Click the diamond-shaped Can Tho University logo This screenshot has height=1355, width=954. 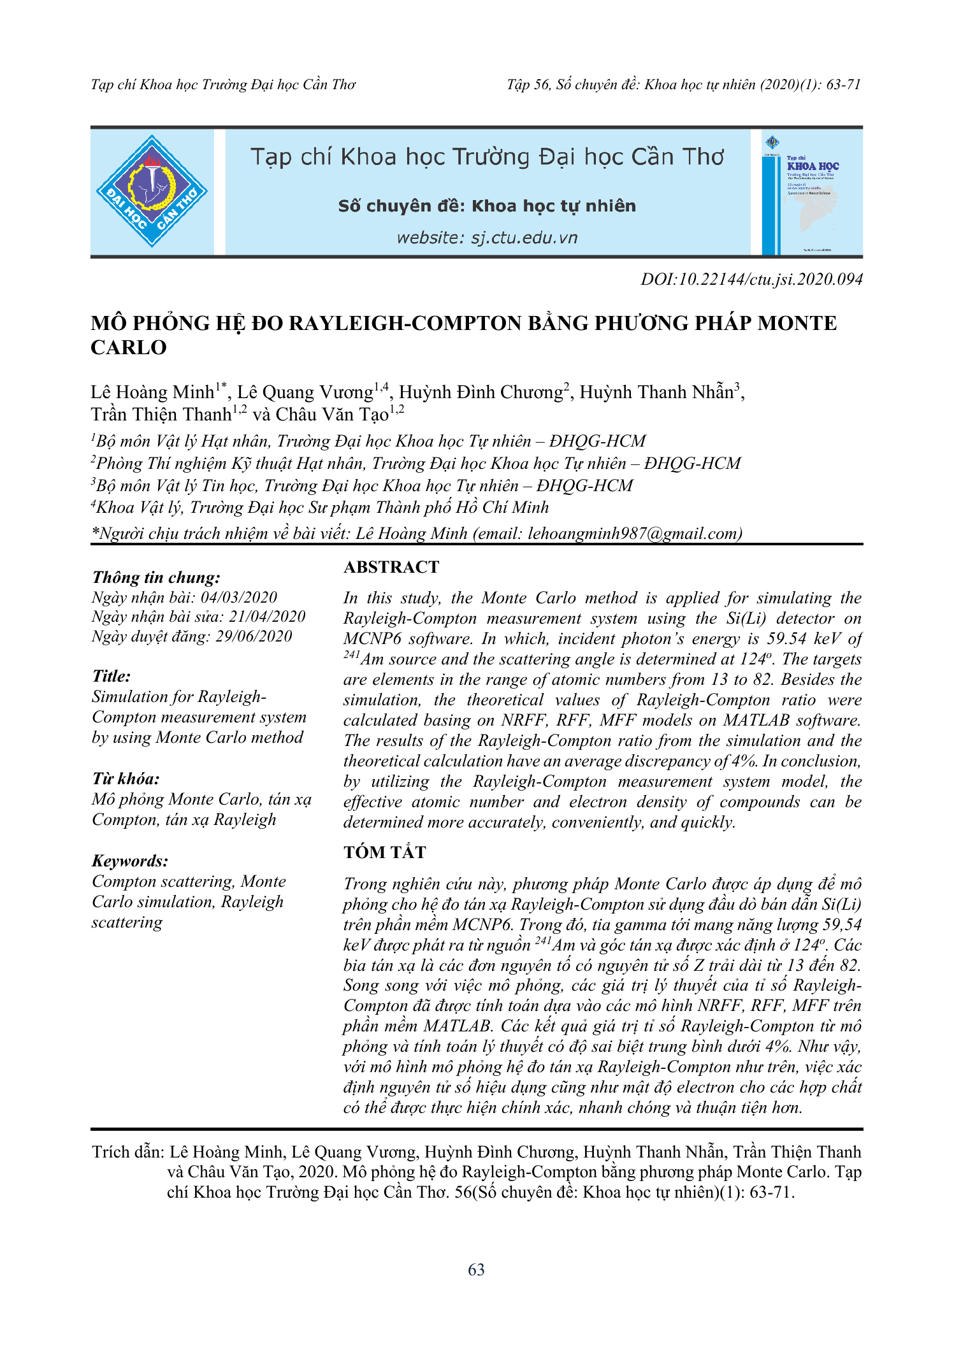[152, 191]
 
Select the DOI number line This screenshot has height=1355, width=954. [751, 279]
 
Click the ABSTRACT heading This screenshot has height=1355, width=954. [391, 567]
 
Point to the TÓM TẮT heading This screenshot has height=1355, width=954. [385, 852]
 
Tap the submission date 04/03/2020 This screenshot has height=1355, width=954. [239, 598]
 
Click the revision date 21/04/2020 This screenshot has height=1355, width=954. [267, 617]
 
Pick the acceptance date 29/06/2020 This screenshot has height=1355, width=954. [254, 636]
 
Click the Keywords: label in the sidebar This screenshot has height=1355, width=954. [130, 861]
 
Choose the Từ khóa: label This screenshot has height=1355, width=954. [126, 779]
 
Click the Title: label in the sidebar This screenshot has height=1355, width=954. [112, 677]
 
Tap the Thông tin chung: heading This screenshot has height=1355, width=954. [156, 578]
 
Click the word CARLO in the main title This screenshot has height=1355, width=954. [129, 348]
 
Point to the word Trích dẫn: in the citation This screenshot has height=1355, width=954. [128, 1152]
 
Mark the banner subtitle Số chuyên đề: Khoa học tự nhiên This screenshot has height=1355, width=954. [487, 206]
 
